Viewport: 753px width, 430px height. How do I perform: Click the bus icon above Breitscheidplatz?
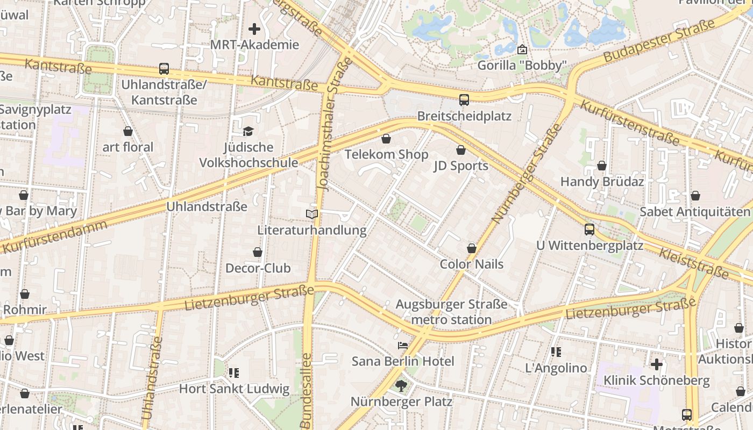coord(464,100)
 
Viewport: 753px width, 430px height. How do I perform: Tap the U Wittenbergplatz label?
coord(589,246)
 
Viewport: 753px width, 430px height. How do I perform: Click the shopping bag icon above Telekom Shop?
coord(386,140)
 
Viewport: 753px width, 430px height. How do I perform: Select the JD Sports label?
coord(461,166)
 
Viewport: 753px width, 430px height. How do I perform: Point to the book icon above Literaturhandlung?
coord(312,214)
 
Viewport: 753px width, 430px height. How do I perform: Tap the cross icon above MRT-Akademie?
coord(254,29)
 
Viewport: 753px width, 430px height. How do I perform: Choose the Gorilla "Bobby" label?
coord(522,66)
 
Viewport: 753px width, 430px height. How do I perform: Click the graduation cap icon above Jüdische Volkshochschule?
coord(248,131)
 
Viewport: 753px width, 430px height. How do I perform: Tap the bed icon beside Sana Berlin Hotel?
coord(402,346)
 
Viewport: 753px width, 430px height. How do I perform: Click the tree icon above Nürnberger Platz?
coord(401,385)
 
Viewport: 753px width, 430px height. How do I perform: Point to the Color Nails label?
coord(472,264)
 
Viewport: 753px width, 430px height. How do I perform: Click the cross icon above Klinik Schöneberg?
coord(656,364)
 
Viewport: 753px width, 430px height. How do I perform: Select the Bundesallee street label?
coord(306,390)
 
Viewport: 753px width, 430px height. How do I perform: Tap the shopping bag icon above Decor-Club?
coord(258,252)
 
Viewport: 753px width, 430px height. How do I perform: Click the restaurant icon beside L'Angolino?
coord(556,352)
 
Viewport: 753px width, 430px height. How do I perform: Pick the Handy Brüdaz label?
coord(602,182)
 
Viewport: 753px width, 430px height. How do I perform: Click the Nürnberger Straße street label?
coord(527,175)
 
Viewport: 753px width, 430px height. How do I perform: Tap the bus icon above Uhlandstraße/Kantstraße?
coord(164,69)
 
